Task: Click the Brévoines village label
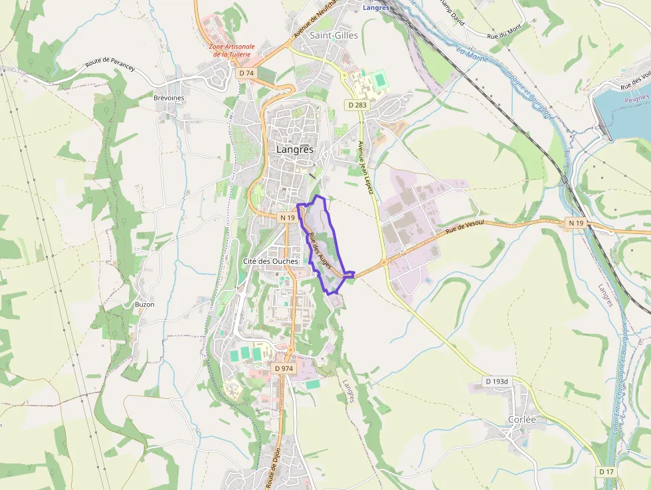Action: (168, 98)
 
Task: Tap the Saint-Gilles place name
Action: (333, 35)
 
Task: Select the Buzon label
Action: (144, 305)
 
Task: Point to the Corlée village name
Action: (521, 420)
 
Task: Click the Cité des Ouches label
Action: (270, 261)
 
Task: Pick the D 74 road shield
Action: (246, 72)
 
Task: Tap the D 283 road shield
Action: (357, 105)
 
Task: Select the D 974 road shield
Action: (283, 368)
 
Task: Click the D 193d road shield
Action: (496, 382)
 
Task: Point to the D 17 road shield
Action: (606, 471)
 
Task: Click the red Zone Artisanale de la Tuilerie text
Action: (232, 50)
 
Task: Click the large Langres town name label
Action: (294, 150)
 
